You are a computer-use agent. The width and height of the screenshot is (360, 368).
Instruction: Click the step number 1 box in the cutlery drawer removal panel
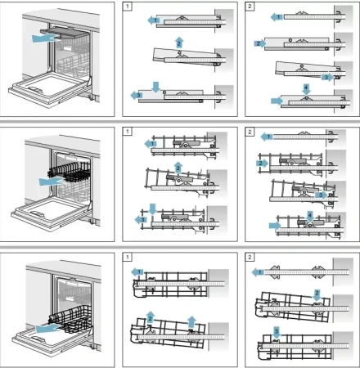128,7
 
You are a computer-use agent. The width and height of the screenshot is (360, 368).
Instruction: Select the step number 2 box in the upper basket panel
250,132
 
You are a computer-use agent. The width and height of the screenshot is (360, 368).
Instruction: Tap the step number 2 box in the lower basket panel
250,257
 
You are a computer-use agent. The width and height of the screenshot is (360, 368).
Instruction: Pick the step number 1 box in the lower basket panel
128,257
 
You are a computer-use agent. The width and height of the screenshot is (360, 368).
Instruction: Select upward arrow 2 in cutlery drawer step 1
178,40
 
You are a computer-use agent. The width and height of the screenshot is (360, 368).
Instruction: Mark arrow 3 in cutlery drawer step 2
326,77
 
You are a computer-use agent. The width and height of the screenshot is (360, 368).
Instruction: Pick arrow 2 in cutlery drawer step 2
260,42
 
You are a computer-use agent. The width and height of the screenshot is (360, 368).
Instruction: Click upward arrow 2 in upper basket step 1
177,167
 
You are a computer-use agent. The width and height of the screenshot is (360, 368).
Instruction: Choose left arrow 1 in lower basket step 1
138,271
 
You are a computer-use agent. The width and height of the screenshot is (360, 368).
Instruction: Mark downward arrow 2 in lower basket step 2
317,293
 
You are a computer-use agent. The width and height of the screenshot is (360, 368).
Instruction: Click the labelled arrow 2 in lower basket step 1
150,317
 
